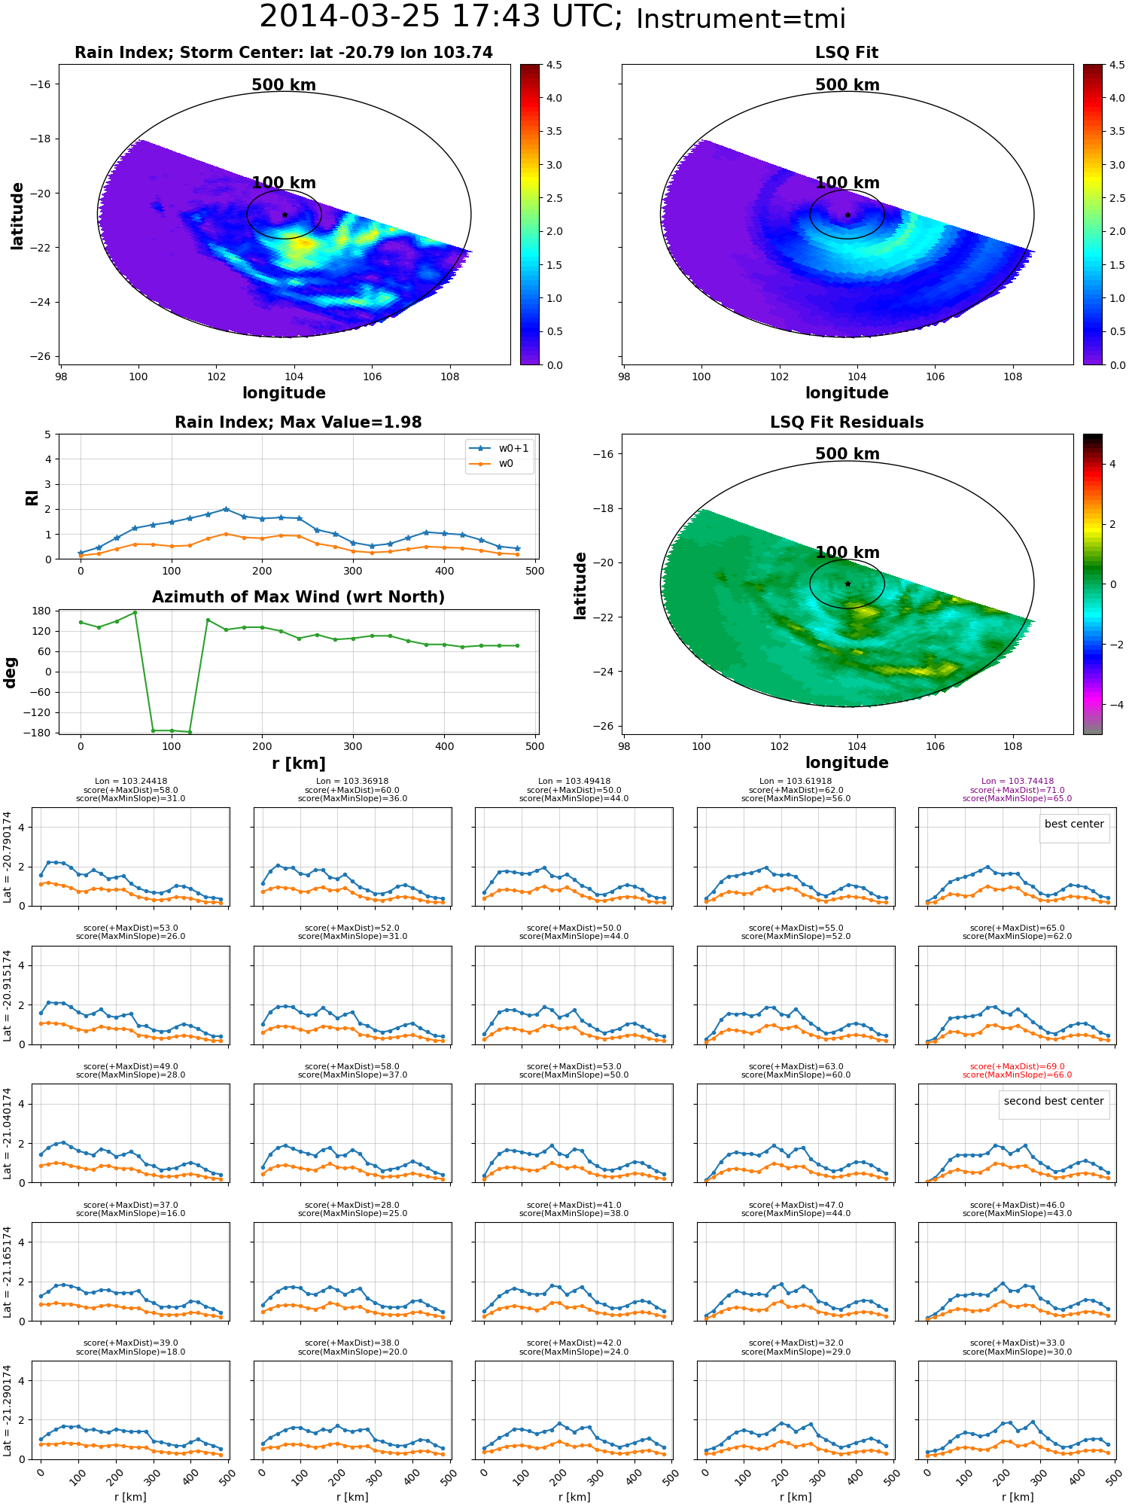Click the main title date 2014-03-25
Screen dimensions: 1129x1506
(350, 17)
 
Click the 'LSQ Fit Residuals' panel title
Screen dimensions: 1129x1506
(847, 422)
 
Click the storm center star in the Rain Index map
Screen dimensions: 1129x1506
(285, 215)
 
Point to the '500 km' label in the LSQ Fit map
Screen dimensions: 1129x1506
(848, 85)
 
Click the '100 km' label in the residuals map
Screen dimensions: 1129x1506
(848, 553)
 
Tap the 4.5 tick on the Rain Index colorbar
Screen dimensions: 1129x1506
(554, 65)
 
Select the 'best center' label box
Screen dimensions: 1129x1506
(1074, 824)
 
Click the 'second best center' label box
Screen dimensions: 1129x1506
(1054, 1101)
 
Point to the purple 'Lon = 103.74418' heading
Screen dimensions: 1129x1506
(1018, 782)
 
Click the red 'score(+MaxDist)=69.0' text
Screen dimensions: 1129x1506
(1018, 1066)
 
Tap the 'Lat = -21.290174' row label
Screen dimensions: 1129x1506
(8, 1410)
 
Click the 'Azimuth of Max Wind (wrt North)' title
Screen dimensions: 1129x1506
(298, 597)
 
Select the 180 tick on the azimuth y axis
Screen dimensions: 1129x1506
(42, 611)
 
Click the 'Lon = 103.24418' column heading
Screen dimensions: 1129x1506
(131, 782)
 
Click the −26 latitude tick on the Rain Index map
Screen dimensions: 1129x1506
(39, 356)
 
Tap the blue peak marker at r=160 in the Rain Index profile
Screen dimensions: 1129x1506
(226, 509)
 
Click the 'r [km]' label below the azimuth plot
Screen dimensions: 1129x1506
(299, 764)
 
